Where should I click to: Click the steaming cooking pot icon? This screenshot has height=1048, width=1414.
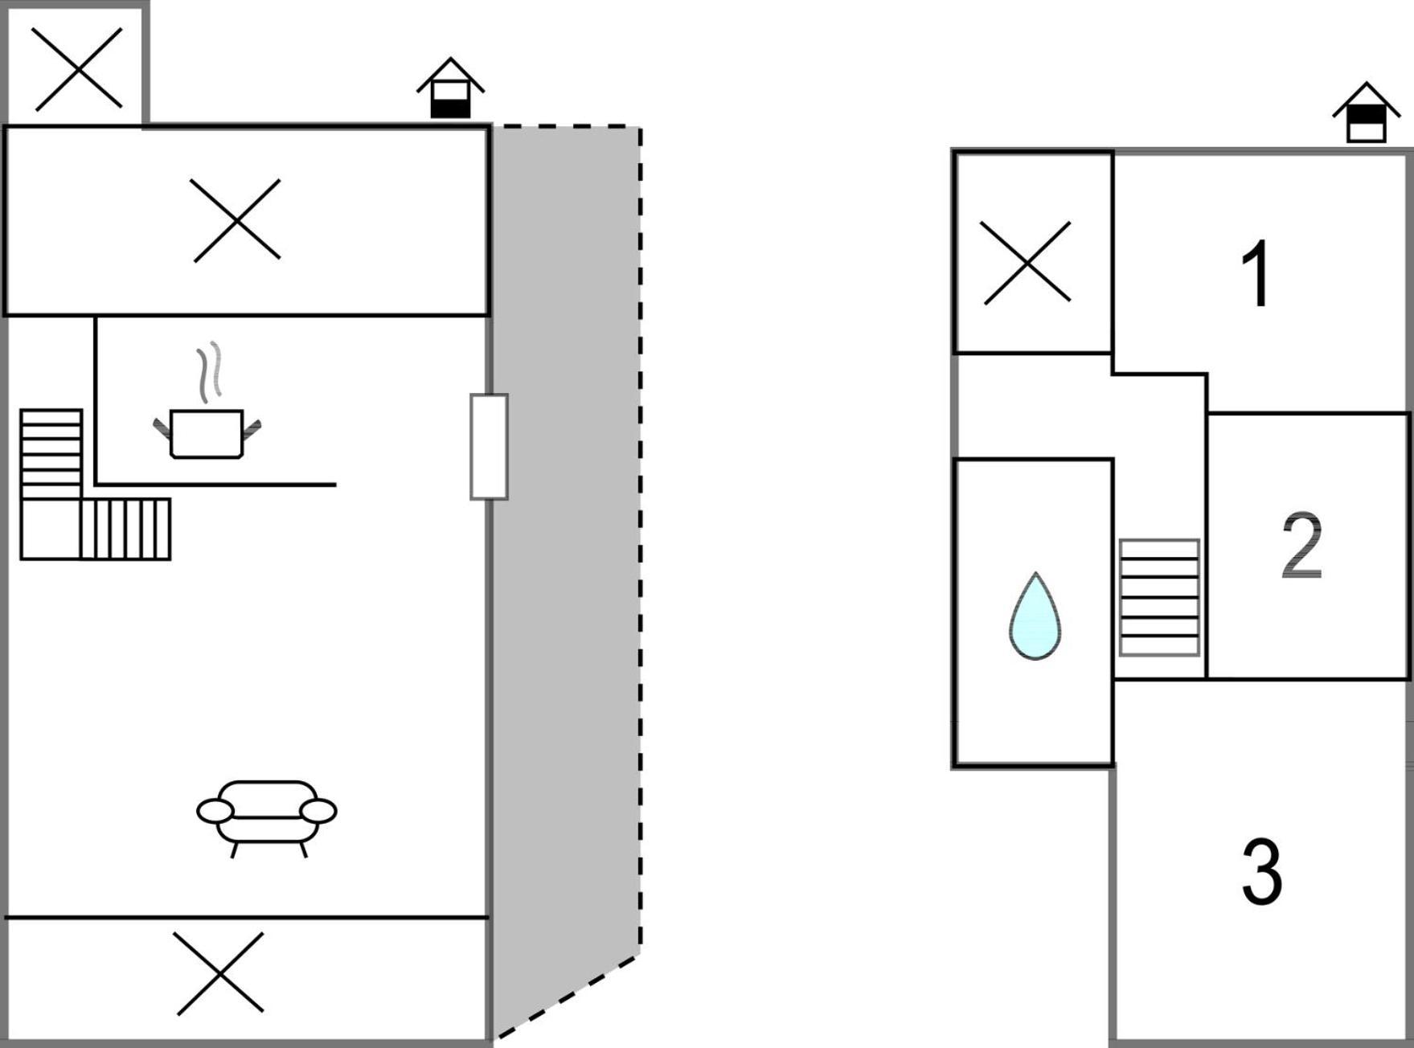click(207, 433)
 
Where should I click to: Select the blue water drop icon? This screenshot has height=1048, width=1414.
click(1035, 616)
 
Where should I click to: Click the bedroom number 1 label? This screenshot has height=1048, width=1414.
click(1256, 273)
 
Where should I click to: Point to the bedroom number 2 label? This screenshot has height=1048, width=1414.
click(1301, 546)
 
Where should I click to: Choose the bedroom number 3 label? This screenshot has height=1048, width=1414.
click(1262, 872)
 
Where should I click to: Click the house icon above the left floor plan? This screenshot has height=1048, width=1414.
click(450, 88)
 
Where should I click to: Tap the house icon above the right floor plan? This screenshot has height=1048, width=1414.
click(1367, 113)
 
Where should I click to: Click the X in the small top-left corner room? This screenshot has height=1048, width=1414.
click(79, 68)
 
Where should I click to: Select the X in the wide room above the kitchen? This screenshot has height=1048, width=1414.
click(237, 220)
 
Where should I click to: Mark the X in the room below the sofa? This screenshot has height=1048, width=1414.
click(220, 973)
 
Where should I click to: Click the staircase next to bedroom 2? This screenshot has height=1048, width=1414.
click(1159, 597)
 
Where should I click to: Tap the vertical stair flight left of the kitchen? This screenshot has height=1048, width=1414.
click(51, 454)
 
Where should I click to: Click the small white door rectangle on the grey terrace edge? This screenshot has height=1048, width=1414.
click(489, 447)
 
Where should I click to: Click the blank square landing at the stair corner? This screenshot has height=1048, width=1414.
click(51, 529)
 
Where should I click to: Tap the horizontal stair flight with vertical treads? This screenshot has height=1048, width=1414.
click(125, 529)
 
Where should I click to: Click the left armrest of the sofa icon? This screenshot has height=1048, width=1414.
click(215, 811)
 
